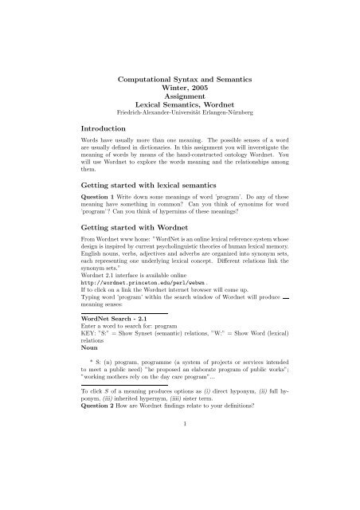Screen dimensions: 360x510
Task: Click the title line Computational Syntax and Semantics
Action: click(x=179, y=80)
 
